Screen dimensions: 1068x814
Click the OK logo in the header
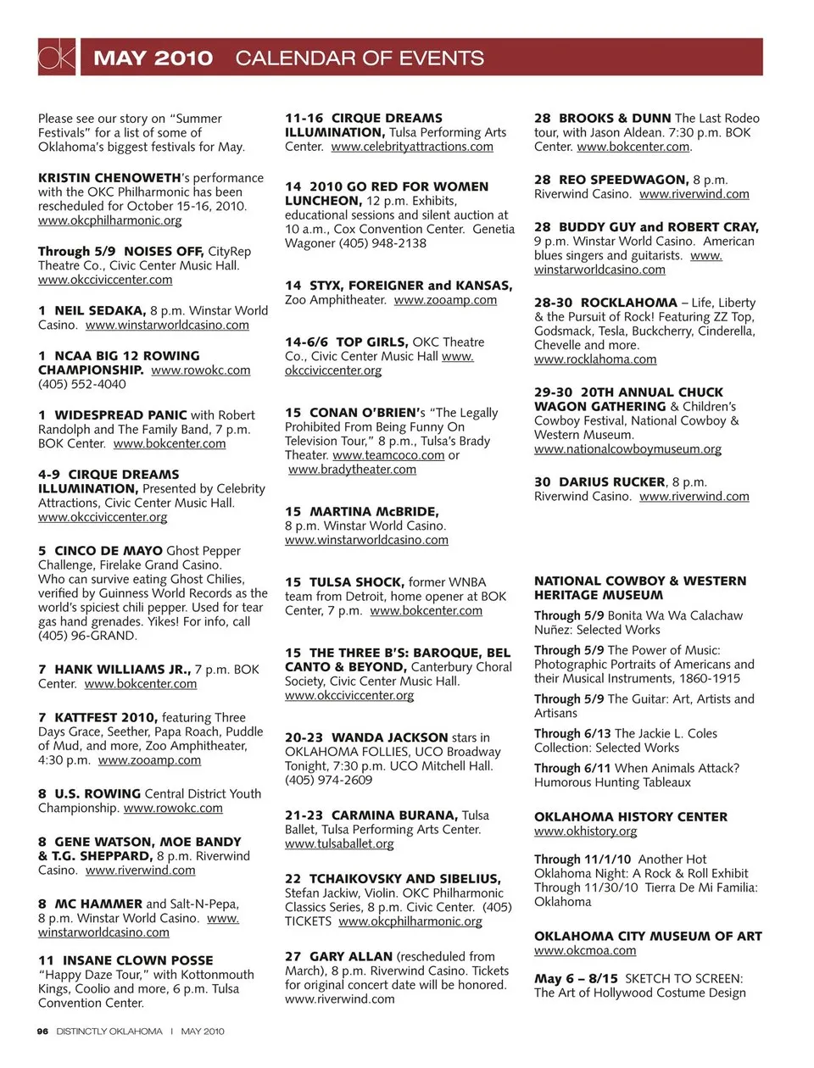[x=57, y=57]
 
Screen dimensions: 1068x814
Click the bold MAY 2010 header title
[x=153, y=58]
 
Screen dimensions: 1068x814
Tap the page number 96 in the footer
[x=42, y=1032]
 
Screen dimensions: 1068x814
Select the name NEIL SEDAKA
[x=100, y=310]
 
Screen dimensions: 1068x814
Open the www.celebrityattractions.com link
[x=412, y=147]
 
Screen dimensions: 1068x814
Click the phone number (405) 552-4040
[x=81, y=384]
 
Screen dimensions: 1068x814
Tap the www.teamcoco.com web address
[x=388, y=455]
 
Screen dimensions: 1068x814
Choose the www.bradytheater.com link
[x=352, y=470]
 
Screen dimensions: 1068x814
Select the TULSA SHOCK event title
[x=355, y=581]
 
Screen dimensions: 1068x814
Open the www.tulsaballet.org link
[x=339, y=843]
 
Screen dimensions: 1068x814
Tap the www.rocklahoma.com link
[x=595, y=359]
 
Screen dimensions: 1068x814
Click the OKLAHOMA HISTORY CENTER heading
[x=630, y=816]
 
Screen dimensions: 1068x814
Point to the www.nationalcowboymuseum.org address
[x=627, y=449]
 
